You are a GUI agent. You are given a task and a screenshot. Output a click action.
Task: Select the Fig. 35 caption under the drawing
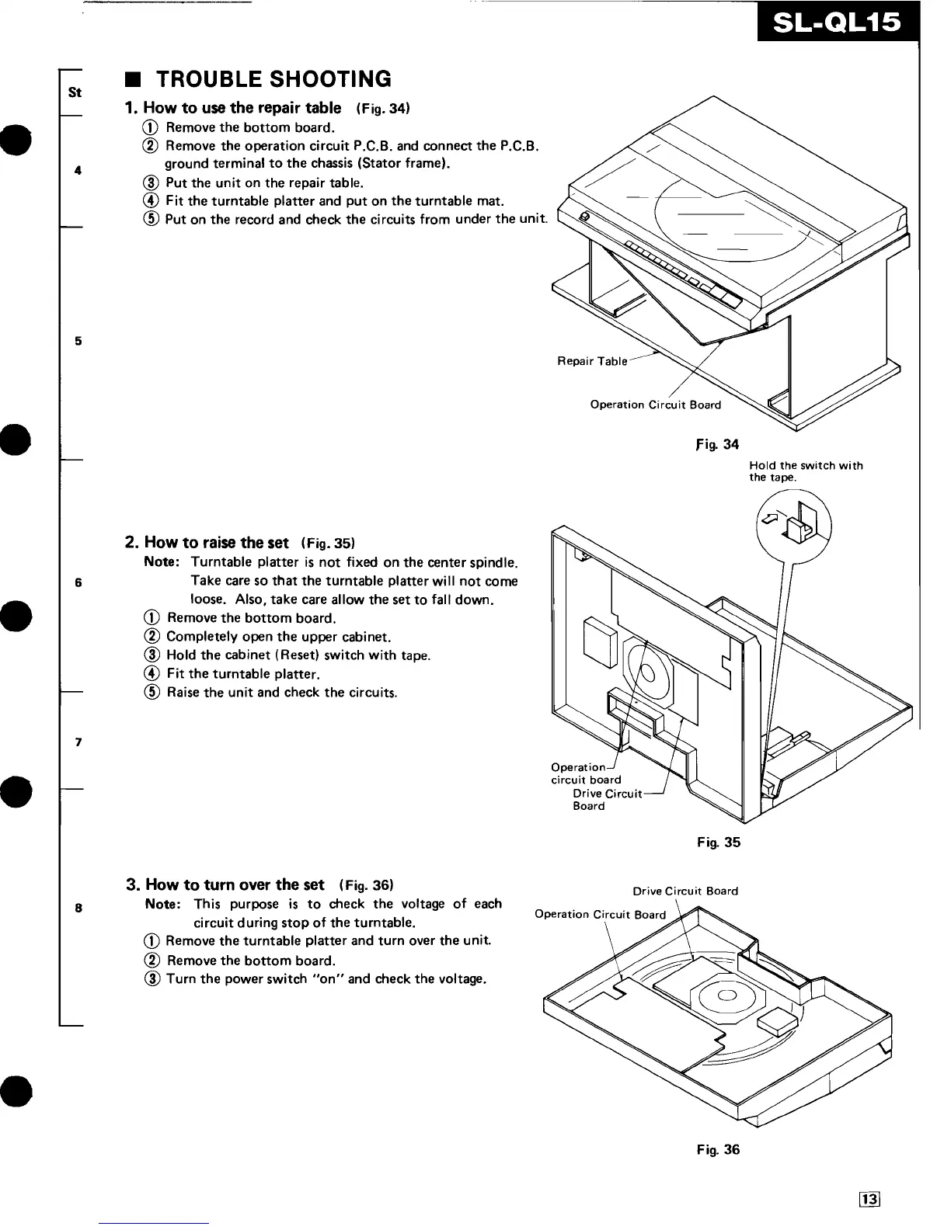tap(719, 843)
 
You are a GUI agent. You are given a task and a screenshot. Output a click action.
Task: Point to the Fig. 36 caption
tap(719, 1149)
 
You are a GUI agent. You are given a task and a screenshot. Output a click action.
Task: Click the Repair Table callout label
tap(592, 361)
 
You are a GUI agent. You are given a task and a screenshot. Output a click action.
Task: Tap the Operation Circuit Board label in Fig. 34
tap(655, 405)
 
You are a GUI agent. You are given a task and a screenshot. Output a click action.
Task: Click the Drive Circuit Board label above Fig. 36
tap(685, 891)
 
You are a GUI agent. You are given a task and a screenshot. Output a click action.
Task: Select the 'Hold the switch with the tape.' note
tap(806, 471)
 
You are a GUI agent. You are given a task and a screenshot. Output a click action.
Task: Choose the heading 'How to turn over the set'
tap(225, 884)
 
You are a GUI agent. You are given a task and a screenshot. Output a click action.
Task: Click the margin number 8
tap(78, 907)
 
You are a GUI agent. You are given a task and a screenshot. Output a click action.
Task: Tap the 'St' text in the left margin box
tap(75, 92)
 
